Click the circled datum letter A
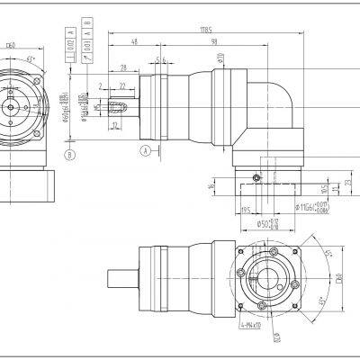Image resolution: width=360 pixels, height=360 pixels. click(143, 150)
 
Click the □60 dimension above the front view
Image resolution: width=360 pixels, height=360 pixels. click(10, 42)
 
